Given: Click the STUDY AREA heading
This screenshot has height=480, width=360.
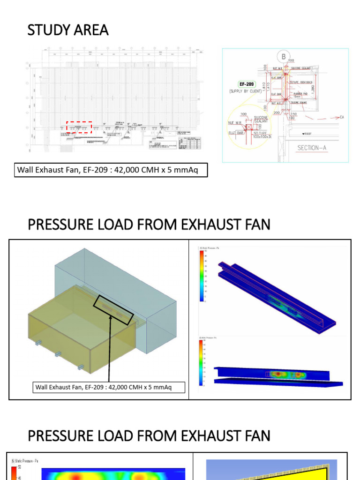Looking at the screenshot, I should point(68,30).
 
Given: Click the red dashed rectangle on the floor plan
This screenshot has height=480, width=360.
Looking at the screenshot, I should point(79,127).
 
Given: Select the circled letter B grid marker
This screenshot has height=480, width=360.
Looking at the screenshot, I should point(284,57).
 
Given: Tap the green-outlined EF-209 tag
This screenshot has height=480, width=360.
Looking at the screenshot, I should point(247,84).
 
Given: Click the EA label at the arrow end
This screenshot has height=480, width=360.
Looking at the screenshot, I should point(342,117).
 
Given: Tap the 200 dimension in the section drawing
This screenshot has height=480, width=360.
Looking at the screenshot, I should point(277,113).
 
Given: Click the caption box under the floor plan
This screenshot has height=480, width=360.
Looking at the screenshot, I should point(111,170).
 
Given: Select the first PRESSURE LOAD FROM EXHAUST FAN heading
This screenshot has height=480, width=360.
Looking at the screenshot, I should point(149,225).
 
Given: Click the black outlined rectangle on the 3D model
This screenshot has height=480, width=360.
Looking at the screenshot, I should point(113,309).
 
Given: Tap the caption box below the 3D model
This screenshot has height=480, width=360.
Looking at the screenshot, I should point(109,387).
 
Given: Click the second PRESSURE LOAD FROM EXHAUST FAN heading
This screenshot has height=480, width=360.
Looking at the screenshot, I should point(149,436).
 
